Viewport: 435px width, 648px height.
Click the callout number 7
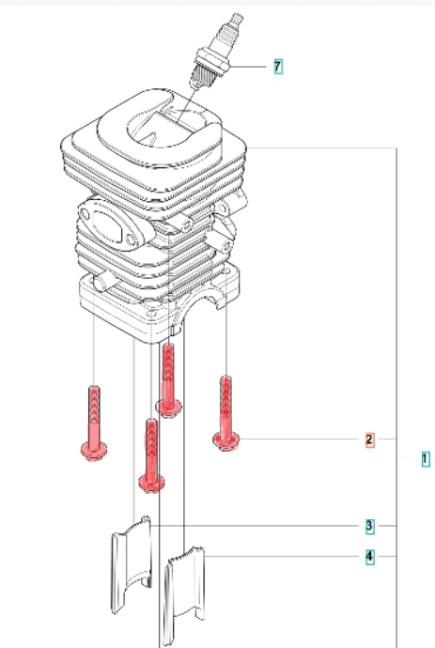278,66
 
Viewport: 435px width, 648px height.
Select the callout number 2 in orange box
369,440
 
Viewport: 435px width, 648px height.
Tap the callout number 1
425,459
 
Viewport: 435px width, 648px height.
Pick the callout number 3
369,526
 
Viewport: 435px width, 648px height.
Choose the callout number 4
369,556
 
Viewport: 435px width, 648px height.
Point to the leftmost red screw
94,423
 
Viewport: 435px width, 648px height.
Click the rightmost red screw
226,413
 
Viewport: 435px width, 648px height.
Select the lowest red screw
152,455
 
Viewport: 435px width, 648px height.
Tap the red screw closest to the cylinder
168,380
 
